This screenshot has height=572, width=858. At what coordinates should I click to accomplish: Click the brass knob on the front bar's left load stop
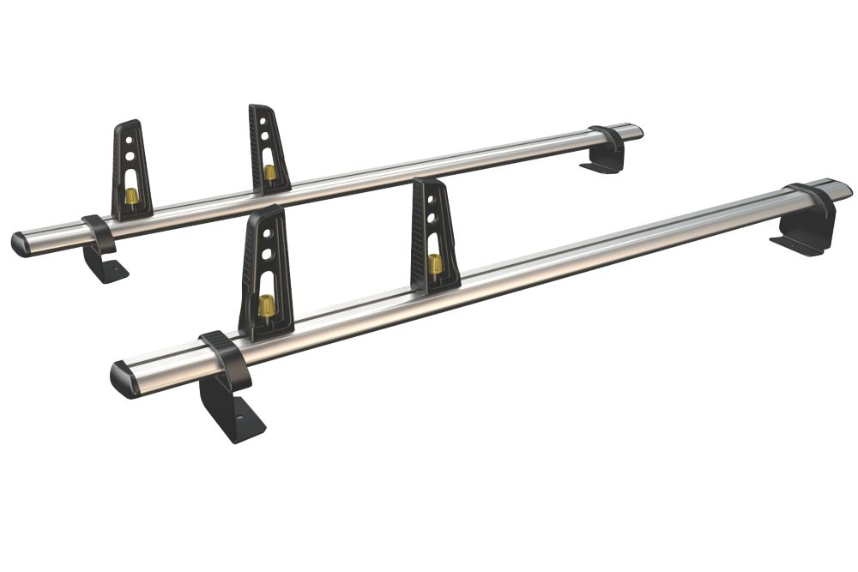[267, 304]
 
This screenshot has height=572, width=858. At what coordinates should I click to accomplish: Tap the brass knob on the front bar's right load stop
[435, 263]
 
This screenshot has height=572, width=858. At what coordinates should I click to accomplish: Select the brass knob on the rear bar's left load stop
[131, 196]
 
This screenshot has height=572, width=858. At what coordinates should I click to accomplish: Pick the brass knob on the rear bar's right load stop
[269, 172]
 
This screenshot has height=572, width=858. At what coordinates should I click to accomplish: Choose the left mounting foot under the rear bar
[105, 265]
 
